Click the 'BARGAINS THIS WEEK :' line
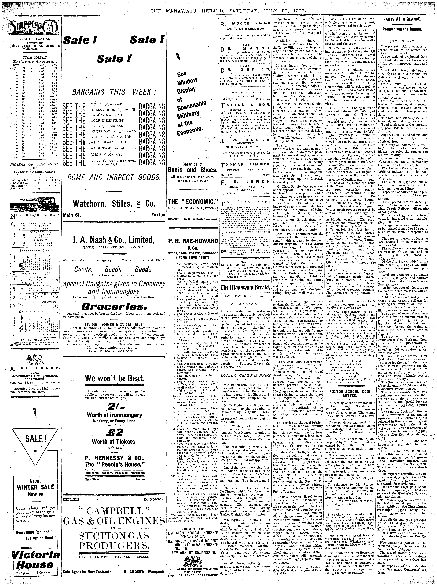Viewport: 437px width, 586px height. tap(114, 92)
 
